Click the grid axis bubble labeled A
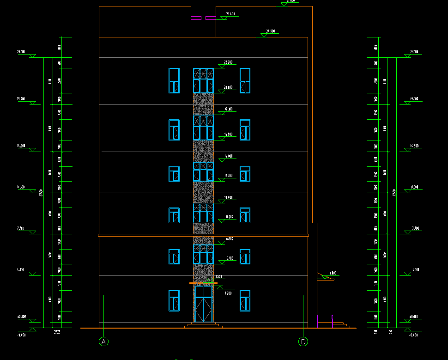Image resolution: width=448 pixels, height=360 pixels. click(104, 342)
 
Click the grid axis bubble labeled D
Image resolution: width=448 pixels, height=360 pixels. click(303, 342)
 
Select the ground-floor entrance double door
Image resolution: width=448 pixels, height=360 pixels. click(203, 304)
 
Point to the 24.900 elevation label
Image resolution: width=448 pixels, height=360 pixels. click(270, 31)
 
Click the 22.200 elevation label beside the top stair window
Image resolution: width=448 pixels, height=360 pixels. click(228, 62)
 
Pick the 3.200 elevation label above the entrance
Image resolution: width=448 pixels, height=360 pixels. click(228, 293)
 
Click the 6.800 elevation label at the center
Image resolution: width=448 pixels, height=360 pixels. click(230, 239)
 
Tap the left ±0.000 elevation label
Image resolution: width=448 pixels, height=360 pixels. click(21, 317)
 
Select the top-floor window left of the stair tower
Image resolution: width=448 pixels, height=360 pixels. click(174, 81)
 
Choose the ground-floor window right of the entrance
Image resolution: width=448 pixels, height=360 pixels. click(245, 300)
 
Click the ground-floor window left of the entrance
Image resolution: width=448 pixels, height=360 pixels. click(174, 300)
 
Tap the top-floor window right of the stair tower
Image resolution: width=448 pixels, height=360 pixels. click(245, 81)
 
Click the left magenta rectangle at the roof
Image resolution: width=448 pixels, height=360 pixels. click(196, 19)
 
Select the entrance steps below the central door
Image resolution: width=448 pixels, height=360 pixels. click(203, 325)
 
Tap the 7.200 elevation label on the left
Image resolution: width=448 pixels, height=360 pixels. click(21, 228)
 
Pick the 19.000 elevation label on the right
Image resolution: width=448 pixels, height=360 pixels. click(414, 99)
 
